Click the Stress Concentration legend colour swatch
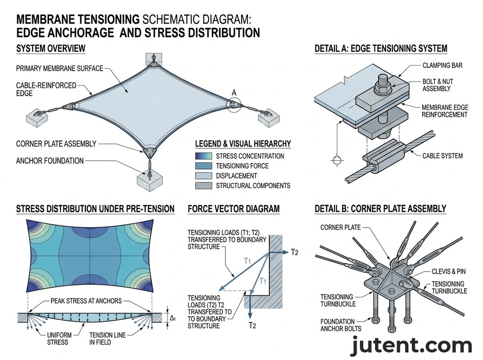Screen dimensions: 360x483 (x=203, y=156)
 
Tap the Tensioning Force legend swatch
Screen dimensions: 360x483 (x=203, y=166)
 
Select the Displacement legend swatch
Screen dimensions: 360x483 (x=203, y=176)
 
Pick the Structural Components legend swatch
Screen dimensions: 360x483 (x=203, y=186)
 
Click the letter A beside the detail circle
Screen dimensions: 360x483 (x=233, y=92)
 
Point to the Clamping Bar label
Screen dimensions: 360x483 (x=442, y=65)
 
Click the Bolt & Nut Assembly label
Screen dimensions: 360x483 (x=437, y=85)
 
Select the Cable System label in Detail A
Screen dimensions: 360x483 (x=442, y=155)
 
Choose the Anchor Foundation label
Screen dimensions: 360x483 (x=50, y=161)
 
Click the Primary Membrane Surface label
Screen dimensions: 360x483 (x=59, y=68)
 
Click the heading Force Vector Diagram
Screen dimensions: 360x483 (x=233, y=209)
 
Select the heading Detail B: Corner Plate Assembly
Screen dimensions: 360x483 (x=380, y=209)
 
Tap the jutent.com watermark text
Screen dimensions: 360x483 (x=411, y=346)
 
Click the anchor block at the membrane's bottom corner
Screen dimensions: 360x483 (x=149, y=180)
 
